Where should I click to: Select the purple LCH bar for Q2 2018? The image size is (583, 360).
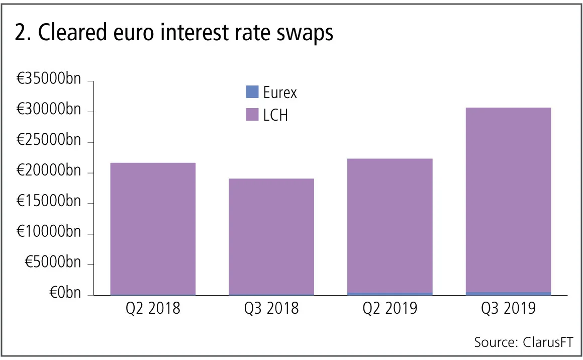point(153,228)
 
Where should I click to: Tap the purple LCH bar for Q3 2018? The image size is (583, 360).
point(271,236)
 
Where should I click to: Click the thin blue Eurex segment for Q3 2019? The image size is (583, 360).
point(508,293)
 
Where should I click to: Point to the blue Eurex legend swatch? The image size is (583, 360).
point(251,92)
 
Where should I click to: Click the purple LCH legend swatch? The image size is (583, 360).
point(251,115)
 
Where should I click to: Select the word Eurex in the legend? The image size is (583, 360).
point(280,93)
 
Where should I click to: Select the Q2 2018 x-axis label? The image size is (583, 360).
point(153,308)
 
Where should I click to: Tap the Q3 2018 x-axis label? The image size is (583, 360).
point(271,308)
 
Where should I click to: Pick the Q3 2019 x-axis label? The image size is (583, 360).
point(508,308)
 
